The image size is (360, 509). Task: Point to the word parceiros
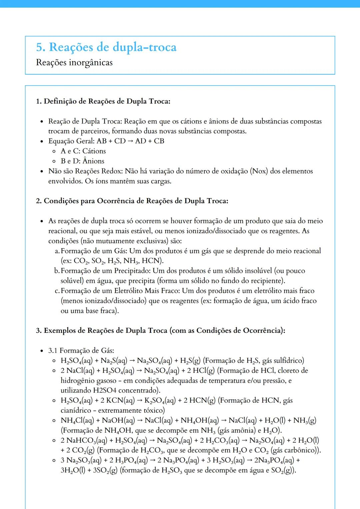click(x=97, y=131)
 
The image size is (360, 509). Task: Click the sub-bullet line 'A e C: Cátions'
click(x=83, y=151)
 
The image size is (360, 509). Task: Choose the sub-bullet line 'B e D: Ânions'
click(x=82, y=161)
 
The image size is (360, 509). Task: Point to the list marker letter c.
click(x=57, y=291)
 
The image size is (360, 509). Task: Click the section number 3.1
click(x=53, y=350)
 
